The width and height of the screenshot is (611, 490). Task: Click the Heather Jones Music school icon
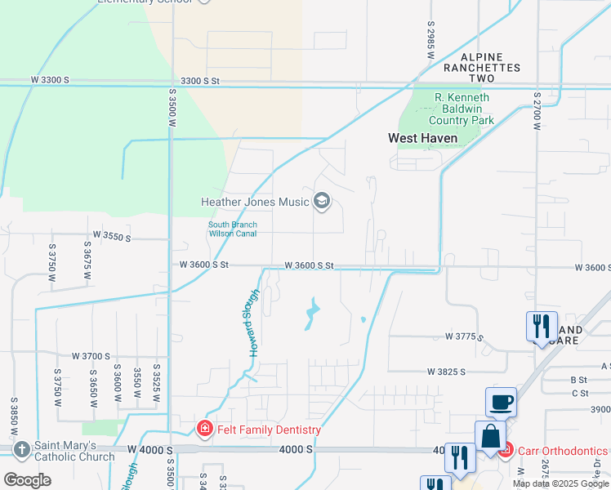(x=322, y=202)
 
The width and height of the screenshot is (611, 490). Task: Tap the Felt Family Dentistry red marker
(x=204, y=429)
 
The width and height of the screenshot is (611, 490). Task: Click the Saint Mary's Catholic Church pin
(x=21, y=449)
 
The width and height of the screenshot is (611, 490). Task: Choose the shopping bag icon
(x=490, y=436)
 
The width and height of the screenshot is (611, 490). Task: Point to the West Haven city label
(x=422, y=139)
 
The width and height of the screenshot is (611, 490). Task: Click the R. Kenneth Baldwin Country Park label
(x=464, y=109)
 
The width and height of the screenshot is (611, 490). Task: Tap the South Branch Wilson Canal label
(x=233, y=229)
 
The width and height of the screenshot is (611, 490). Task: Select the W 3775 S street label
(x=464, y=336)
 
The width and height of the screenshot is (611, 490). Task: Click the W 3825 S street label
(x=445, y=371)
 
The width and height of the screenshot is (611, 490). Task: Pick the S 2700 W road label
(x=537, y=107)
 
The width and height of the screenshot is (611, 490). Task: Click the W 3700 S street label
(x=91, y=356)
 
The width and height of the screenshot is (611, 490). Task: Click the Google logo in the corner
(x=27, y=480)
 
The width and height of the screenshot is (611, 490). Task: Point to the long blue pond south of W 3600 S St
(x=311, y=315)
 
